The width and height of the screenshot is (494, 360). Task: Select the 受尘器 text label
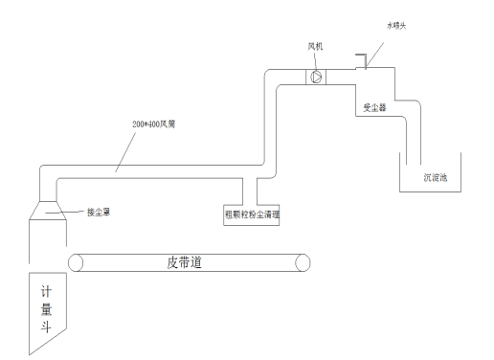(374, 107)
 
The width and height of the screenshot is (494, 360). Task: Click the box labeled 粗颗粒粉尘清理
(252, 214)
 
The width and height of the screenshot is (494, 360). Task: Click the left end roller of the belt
(74, 261)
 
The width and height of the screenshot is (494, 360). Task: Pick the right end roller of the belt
(303, 261)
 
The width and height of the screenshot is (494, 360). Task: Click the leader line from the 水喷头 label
(376, 46)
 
